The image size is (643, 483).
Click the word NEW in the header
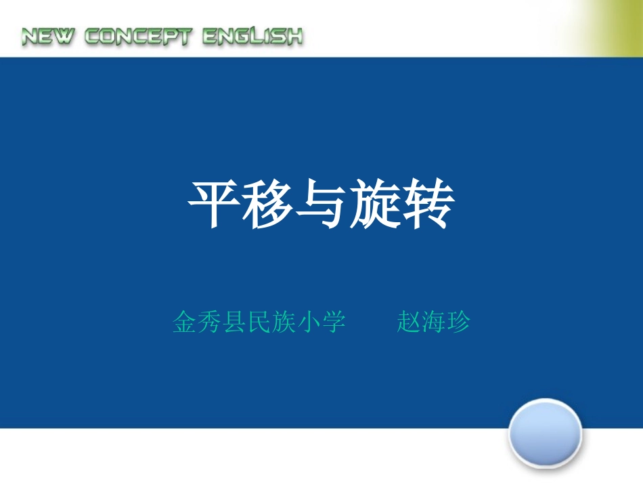(x=48, y=37)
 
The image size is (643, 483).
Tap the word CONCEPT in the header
(x=137, y=37)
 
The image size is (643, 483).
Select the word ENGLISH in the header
(x=252, y=37)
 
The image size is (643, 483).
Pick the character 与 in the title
(x=321, y=204)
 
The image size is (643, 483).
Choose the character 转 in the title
(x=428, y=204)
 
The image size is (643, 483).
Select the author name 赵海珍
(x=433, y=322)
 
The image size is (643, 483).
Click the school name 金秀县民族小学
(x=259, y=322)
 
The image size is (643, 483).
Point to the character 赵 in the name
(x=409, y=322)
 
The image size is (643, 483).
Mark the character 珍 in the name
(x=458, y=322)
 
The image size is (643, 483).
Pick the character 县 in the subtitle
(x=234, y=322)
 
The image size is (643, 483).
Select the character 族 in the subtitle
(x=284, y=322)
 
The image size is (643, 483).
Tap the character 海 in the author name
(x=433, y=322)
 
